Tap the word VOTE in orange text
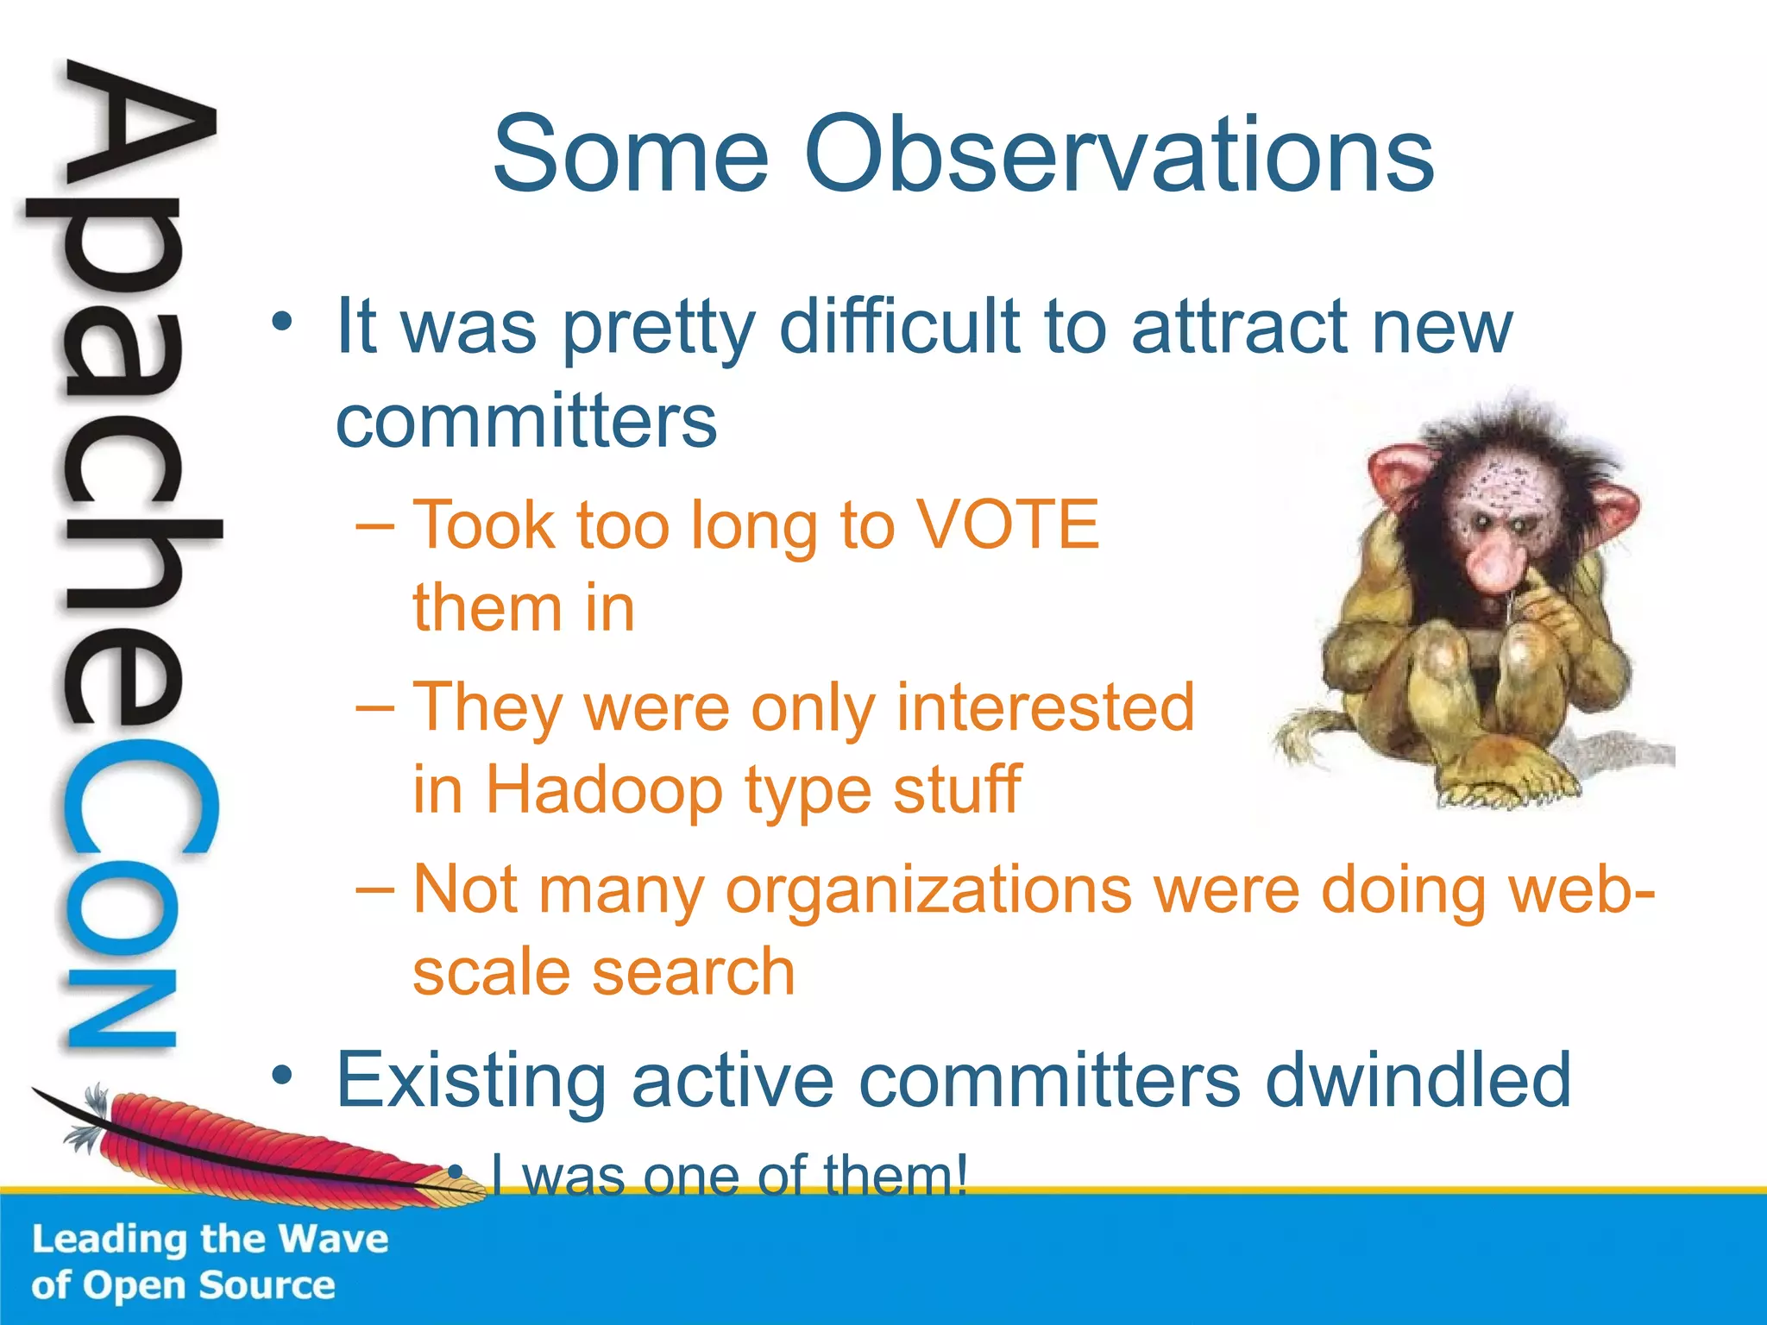pyautogui.click(x=1006, y=524)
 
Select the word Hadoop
pyautogui.click(x=604, y=789)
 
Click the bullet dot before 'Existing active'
pyautogui.click(x=282, y=1076)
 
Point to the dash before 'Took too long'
pyautogui.click(x=375, y=526)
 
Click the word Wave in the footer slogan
pyautogui.click(x=334, y=1239)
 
